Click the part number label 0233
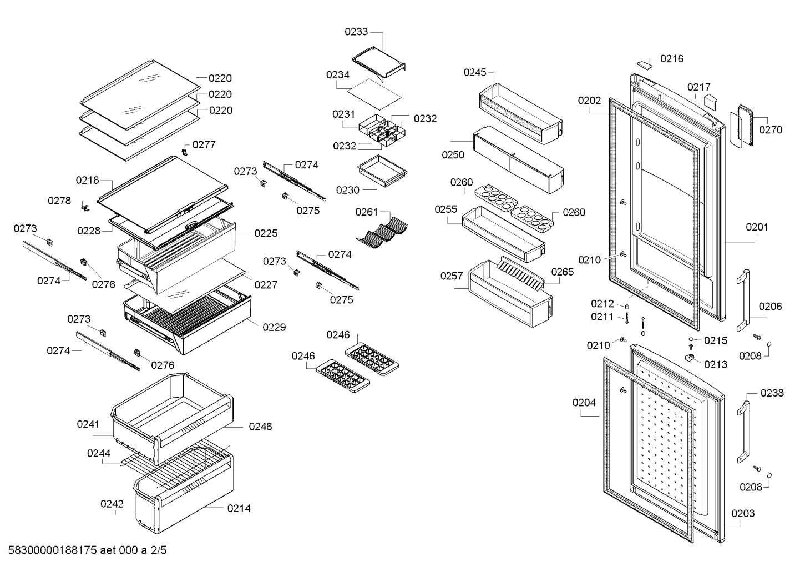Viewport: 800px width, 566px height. (356, 32)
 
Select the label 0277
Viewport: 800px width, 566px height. (204, 144)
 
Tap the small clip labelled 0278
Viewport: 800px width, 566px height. (85, 208)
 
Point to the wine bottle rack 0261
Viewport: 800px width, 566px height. (382, 232)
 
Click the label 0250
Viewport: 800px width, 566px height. (453, 155)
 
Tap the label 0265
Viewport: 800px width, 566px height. (563, 272)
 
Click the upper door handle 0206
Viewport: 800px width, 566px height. (743, 300)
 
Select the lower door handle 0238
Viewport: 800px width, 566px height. (743, 432)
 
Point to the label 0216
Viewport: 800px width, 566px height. (672, 59)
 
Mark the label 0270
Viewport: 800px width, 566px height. (771, 130)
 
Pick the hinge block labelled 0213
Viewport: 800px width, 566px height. (689, 357)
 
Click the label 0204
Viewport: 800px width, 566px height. (584, 403)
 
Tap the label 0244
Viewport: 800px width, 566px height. (99, 453)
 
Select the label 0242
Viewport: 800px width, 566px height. (112, 504)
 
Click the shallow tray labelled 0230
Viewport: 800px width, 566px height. (382, 171)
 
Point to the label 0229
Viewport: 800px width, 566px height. (274, 327)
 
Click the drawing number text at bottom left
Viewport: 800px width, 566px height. (87, 550)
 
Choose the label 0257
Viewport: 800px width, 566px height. (452, 276)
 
